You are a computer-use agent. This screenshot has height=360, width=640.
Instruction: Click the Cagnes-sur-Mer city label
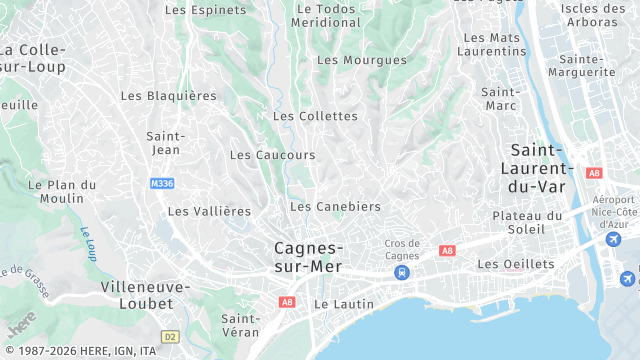point(309,257)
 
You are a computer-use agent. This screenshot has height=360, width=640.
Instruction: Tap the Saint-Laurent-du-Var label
point(538,168)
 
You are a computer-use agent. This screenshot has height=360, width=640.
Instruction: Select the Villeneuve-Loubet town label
point(146,294)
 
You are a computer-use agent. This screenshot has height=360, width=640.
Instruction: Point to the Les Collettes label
point(315,116)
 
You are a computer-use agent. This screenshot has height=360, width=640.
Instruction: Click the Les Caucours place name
point(272,155)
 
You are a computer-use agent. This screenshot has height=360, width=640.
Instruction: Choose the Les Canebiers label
point(335,207)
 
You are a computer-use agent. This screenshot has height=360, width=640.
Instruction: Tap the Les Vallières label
point(209,211)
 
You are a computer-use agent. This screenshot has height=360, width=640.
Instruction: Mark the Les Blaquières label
point(168,96)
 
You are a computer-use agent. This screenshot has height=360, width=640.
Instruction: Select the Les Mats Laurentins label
point(493,44)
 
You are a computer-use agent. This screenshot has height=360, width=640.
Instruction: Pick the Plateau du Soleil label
point(528,223)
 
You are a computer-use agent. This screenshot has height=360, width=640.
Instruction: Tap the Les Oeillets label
point(515,264)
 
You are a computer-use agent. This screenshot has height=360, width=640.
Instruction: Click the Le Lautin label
point(344,304)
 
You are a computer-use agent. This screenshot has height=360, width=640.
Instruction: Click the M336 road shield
point(162,184)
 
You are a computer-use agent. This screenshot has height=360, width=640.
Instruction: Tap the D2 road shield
point(169,337)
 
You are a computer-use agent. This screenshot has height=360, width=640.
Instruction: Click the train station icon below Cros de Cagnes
point(402,272)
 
